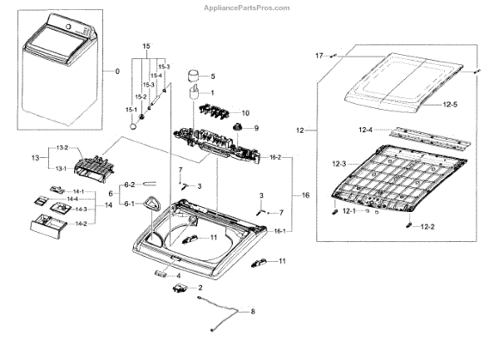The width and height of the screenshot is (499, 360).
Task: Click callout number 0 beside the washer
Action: tap(117, 72)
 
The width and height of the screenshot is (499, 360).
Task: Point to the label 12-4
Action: tap(367, 130)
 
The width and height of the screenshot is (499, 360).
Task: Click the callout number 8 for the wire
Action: tap(254, 312)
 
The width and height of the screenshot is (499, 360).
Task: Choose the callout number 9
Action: tap(256, 128)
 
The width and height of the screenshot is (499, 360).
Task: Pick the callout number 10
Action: tap(245, 111)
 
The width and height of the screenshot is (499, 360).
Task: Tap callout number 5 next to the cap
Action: tap(212, 76)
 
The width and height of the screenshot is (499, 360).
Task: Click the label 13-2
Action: tap(62, 148)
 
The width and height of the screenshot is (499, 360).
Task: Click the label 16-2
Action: tap(275, 157)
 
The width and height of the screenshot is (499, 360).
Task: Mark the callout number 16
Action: tap(305, 195)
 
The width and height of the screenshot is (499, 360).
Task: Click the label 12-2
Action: tap(427, 227)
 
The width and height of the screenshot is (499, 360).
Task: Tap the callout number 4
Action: tap(178, 275)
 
